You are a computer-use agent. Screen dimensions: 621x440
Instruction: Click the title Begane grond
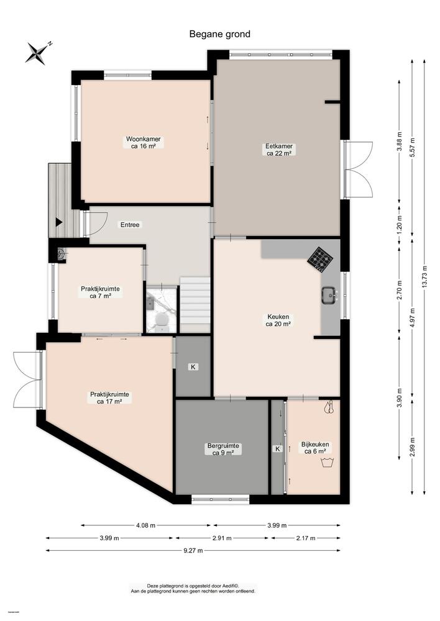pos(220,34)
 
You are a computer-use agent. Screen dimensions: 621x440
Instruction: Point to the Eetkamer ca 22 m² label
pos(279,150)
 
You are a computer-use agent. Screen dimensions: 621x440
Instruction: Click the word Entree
pos(130,225)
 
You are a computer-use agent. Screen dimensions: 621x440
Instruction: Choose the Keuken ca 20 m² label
pos(278,319)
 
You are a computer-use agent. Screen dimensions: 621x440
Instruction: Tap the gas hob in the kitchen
pos(320,259)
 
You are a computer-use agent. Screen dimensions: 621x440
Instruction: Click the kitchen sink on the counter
pos(329,296)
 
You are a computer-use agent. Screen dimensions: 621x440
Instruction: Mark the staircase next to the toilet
pos(195,304)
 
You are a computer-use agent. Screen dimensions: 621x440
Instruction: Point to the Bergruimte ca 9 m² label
pos(222,449)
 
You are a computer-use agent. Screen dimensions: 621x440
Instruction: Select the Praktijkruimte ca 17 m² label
pos(109,397)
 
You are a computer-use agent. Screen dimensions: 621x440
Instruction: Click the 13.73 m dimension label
pos(424,277)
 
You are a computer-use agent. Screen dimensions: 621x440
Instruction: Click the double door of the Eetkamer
pos(357,170)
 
